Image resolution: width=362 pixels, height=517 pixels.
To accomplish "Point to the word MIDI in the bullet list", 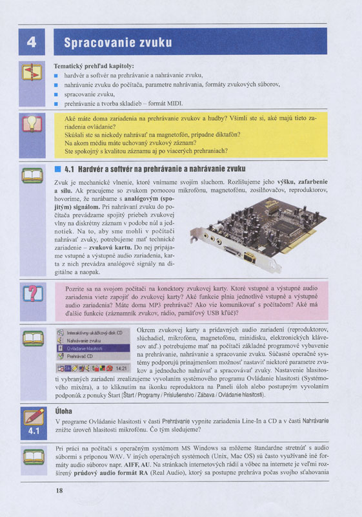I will pyautogui.click(x=175, y=103).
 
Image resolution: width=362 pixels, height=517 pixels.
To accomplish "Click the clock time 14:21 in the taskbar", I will pyautogui.click(x=122, y=368).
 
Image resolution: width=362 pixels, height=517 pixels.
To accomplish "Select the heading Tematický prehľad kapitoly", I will pyautogui.click(x=94, y=66).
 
